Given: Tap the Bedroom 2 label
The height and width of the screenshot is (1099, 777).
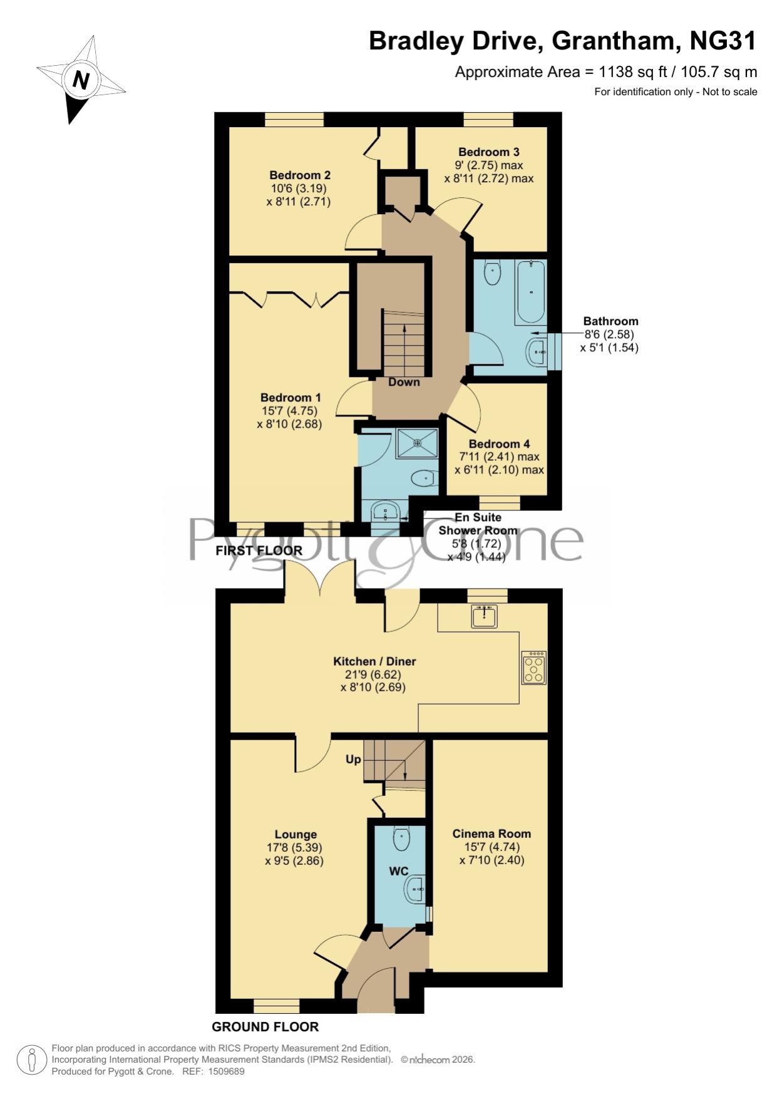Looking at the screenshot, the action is pos(300,175).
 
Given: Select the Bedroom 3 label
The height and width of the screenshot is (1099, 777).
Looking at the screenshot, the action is pos(489,152).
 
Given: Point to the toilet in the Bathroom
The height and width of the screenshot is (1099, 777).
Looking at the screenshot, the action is pos(493,273).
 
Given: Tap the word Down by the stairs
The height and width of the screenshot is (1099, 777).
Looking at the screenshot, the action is pos(404,382).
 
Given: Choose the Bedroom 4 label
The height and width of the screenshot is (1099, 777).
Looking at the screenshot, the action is pos(499,444).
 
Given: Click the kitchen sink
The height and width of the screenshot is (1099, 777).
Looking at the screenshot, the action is pos(484,616).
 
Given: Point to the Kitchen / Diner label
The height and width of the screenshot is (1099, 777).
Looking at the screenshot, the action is pos(374,661).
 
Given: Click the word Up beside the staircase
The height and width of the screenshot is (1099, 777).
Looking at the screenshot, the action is pos(353,760).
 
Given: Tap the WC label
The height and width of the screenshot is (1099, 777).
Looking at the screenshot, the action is pos(399,871).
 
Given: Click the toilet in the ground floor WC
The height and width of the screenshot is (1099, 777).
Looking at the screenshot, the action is pos(401,838).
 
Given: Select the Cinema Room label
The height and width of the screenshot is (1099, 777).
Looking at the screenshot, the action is pos(491,833).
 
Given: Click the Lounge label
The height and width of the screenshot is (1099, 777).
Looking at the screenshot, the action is pos(296,834).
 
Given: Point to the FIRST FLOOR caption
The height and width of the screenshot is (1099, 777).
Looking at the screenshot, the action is pos(259,550).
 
